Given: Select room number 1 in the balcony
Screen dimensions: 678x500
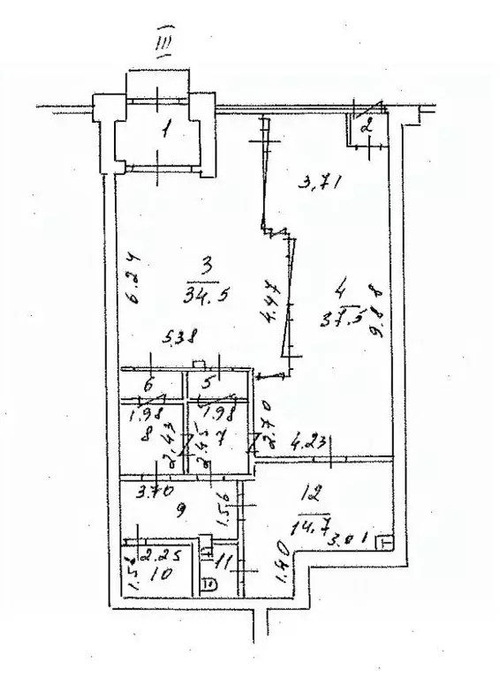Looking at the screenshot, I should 164,134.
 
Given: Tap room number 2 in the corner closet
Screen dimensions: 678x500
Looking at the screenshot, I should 368,126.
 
